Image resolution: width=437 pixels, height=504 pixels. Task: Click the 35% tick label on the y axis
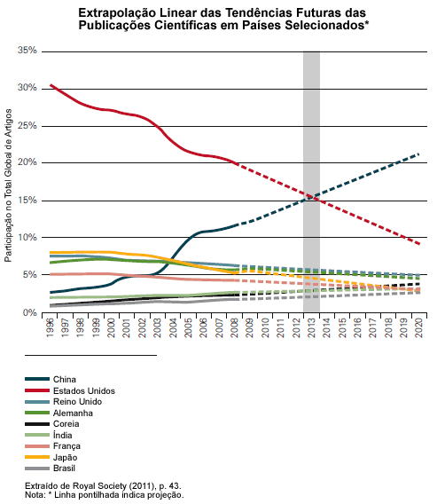[27, 51]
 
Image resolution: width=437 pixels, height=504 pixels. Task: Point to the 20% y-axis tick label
[27, 162]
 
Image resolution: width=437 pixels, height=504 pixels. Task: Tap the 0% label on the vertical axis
[30, 312]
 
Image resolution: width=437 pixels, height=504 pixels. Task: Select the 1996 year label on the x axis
[51, 327]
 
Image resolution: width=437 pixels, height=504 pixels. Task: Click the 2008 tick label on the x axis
[235, 327]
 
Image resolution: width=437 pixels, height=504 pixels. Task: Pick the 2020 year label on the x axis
[419, 327]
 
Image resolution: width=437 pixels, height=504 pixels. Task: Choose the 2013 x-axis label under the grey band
[311, 327]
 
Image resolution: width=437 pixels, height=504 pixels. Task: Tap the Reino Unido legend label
[77, 401]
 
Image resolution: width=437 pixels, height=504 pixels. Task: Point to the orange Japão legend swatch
[37, 457]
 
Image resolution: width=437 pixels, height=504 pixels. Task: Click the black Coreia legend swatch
[37, 424]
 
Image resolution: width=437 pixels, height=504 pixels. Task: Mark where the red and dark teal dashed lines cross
[311, 197]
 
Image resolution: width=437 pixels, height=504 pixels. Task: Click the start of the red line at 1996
[51, 85]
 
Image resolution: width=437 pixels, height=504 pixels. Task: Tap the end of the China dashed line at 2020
[419, 154]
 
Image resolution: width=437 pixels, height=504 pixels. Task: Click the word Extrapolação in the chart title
[117, 13]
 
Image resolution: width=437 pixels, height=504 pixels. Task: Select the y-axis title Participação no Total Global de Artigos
[8, 185]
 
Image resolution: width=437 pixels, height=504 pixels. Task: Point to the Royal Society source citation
[103, 485]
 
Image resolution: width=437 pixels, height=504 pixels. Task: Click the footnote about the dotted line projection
[105, 494]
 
